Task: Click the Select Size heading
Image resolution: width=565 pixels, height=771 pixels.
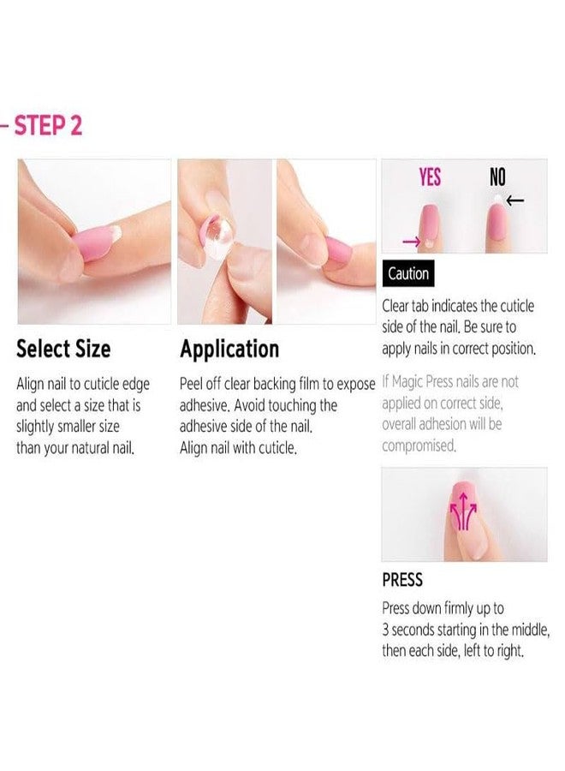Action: tap(63, 350)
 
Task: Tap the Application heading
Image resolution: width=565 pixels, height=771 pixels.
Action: tap(229, 350)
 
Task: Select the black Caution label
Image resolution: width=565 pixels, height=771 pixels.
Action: tap(408, 274)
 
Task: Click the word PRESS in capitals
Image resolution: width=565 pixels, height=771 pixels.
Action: tap(402, 580)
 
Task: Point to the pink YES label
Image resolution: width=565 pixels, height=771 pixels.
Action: tap(431, 177)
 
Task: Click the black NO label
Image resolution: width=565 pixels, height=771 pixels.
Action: tap(497, 177)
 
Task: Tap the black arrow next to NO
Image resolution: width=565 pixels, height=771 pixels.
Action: tap(515, 201)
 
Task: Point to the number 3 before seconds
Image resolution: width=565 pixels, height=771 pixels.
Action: tap(385, 631)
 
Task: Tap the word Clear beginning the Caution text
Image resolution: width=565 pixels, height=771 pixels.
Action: tap(398, 307)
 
